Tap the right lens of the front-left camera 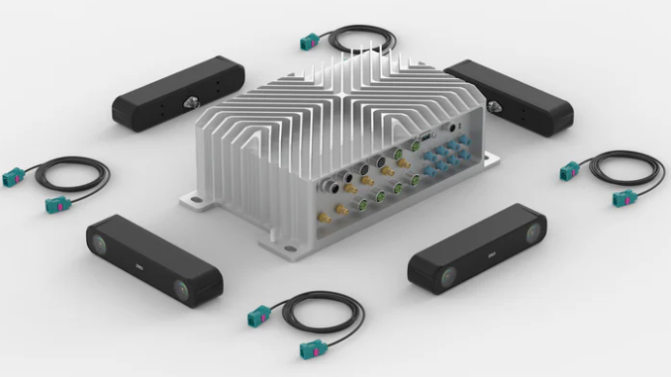click(188, 288)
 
